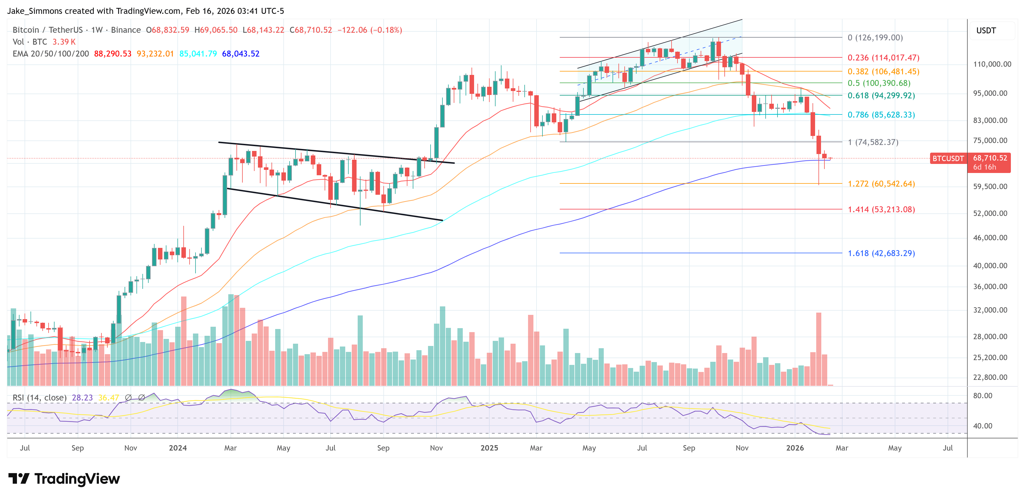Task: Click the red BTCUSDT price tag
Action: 948,159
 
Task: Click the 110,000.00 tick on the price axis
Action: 992,64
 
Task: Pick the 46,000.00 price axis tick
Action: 990,238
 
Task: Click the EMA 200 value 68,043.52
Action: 240,54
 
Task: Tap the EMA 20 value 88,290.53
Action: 113,54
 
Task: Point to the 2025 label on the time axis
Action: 489,448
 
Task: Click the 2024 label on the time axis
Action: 177,448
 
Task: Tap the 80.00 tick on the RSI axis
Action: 982,396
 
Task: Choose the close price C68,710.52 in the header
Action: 310,30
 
